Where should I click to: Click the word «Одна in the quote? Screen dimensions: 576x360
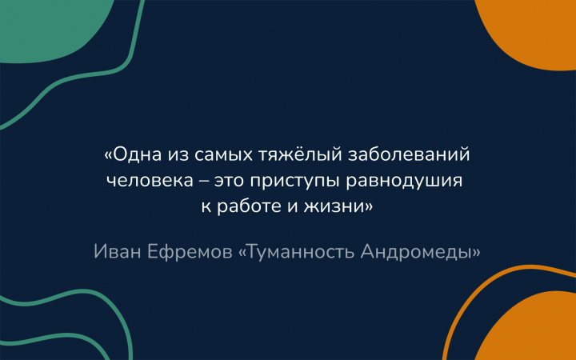point(133,154)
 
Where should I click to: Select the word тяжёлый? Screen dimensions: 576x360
point(300,154)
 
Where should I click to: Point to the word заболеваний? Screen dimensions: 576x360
point(409,154)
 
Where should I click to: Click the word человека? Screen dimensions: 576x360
point(150,181)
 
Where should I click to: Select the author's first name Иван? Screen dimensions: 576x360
point(118,252)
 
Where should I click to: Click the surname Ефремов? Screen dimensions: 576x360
point(190,253)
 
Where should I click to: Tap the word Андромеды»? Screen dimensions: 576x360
point(421,252)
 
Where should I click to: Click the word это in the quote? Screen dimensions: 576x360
point(230,182)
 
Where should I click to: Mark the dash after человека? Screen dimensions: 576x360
point(204,182)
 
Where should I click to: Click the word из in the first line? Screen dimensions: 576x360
point(178,155)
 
